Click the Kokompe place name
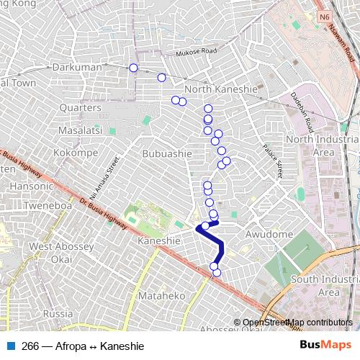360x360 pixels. pos(76,153)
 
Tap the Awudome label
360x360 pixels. pos(269,234)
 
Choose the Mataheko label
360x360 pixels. pos(162,295)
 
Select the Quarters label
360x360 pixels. pos(80,107)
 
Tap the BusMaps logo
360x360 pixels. pos(326,346)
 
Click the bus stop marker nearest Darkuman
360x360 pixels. pos(133,68)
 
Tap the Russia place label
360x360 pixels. pos(58,314)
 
